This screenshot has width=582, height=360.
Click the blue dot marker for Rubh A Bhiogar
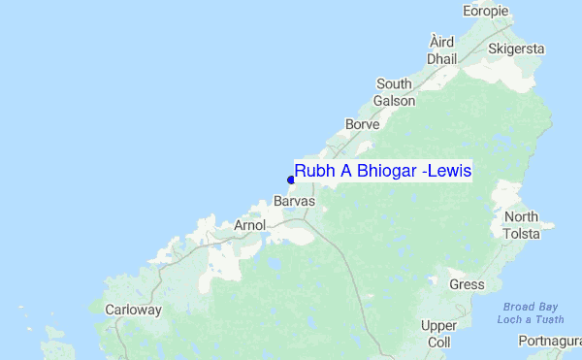[291, 180]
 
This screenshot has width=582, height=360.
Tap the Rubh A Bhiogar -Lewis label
[382, 172]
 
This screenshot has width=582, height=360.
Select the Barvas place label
[295, 202]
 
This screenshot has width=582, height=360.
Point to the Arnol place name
[250, 225]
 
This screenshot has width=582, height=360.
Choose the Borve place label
[362, 125]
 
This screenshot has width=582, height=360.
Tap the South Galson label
[395, 92]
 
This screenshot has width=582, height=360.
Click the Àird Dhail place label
[441, 49]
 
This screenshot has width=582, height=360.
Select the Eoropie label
[486, 11]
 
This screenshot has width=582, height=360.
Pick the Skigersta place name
[517, 49]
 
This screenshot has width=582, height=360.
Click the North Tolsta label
[521, 224]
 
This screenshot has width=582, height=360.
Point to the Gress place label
[467, 285]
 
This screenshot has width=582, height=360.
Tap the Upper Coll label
[438, 334]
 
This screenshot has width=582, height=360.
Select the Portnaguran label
[550, 342]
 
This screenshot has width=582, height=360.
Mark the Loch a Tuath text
[531, 320]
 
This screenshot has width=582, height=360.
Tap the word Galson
[395, 101]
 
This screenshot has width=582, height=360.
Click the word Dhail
[441, 58]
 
